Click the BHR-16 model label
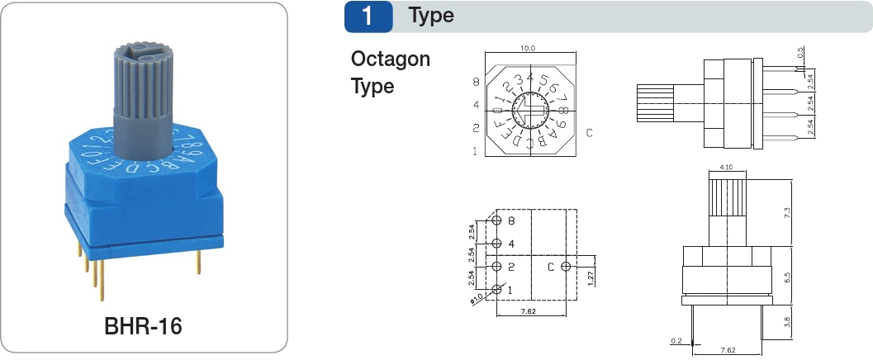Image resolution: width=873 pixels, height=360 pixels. pos(143,326)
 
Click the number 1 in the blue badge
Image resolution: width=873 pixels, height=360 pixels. pos(368,16)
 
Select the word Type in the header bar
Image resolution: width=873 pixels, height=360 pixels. pos(431,16)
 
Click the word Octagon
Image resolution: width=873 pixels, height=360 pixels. pos(391,59)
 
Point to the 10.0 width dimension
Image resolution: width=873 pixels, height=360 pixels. pos(529,49)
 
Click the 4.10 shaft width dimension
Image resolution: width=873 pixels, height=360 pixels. pos(727,168)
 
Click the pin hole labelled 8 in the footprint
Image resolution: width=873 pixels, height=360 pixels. pos(498,221)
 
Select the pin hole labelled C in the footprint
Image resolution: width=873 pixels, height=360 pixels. pos(565,267)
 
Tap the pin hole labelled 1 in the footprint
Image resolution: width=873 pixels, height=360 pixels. pos(498,289)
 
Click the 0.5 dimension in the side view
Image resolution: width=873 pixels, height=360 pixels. pos(801,54)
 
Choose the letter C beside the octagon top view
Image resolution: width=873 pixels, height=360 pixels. pos(590,132)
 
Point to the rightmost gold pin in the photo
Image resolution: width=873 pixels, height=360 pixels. pos(199,262)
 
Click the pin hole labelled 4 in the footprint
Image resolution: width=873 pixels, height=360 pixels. pos(498,244)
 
